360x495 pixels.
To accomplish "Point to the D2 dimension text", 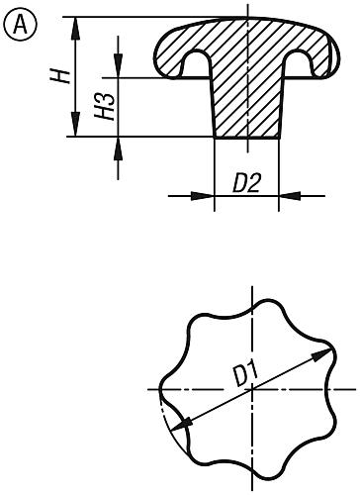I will click(x=246, y=183).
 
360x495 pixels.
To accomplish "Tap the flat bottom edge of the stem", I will click(x=246, y=138).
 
